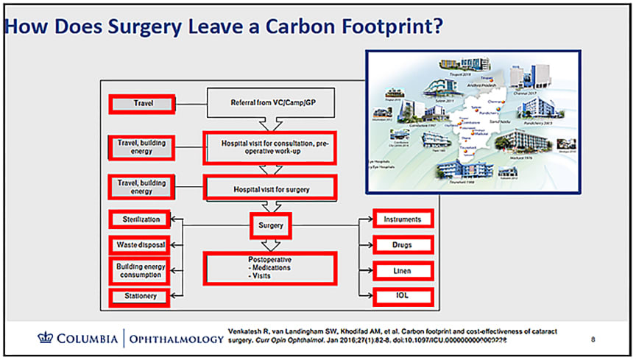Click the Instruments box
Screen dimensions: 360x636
tap(402, 219)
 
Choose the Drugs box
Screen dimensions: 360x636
tap(402, 244)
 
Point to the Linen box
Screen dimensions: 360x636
tap(402, 271)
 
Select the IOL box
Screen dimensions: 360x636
tap(402, 297)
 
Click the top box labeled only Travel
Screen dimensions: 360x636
tap(142, 104)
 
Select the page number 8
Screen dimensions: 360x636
tap(594, 339)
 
